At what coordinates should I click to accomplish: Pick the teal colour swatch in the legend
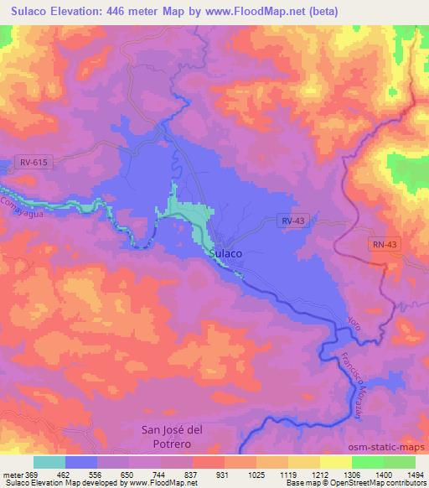point(49,462)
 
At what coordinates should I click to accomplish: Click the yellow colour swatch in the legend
point(335,462)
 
